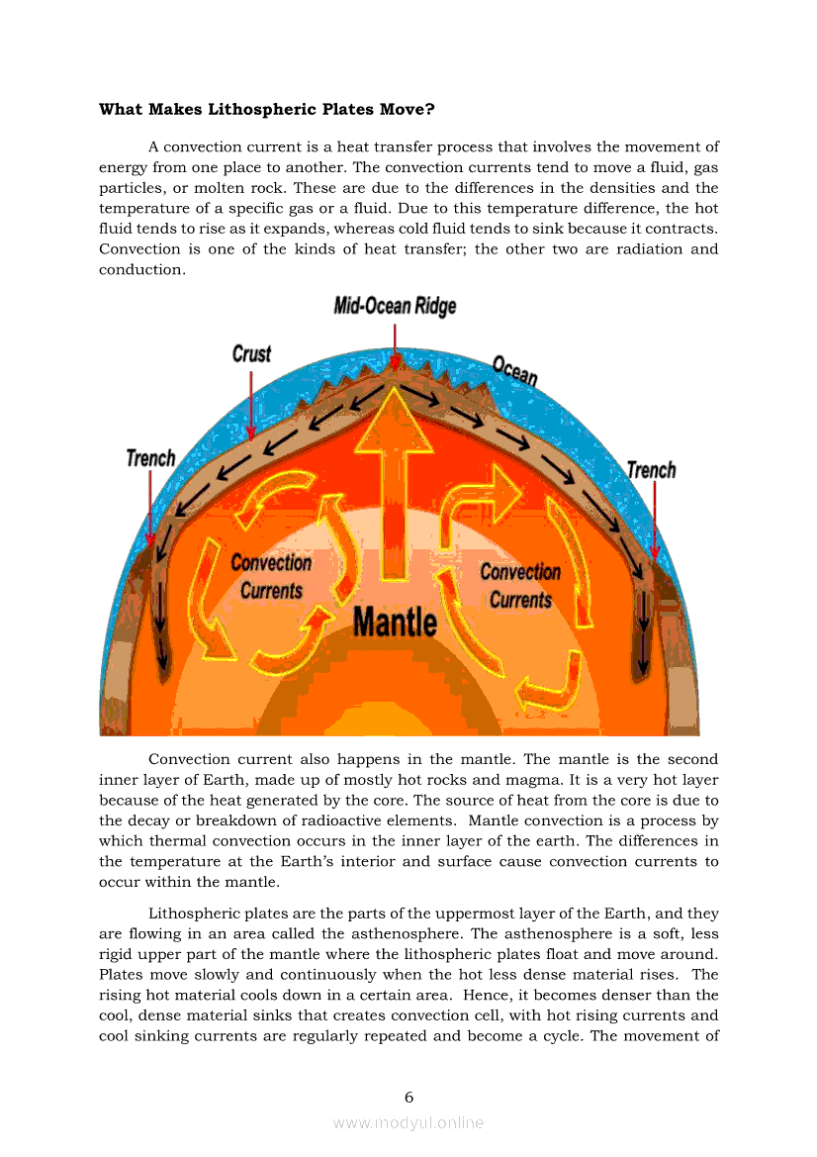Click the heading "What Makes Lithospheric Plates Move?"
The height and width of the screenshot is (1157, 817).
[266, 109]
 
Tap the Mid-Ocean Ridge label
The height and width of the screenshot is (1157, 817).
[395, 306]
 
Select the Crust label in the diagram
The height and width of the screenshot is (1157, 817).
[251, 353]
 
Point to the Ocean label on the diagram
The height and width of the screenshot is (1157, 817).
[514, 372]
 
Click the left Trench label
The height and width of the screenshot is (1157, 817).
[150, 458]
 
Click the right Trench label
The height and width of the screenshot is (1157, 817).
[651, 469]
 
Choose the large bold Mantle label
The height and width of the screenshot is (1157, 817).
[395, 622]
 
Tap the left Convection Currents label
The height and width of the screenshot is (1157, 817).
[271, 576]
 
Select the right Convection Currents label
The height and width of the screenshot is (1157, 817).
[520, 585]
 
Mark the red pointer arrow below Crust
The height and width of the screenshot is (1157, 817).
[251, 401]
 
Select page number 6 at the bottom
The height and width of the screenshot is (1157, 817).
[408, 1097]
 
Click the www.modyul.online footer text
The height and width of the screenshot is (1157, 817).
[408, 1122]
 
